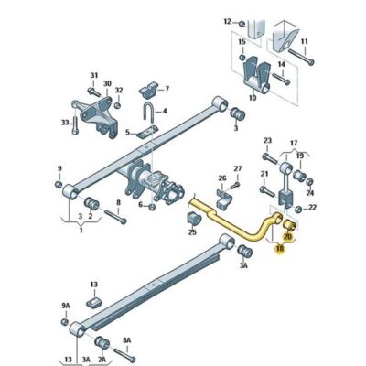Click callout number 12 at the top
227,20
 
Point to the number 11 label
305,41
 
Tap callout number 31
92,76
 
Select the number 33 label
65,122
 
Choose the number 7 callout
167,89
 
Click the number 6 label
139,205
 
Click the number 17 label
294,144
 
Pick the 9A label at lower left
65,306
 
